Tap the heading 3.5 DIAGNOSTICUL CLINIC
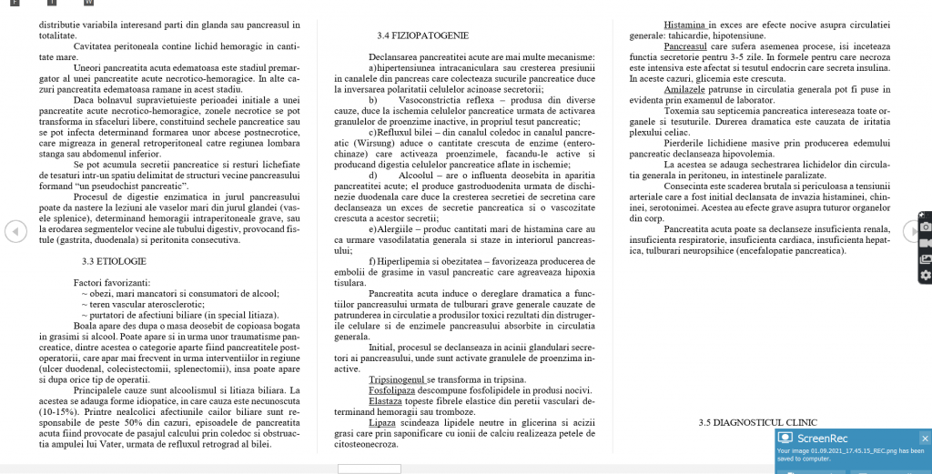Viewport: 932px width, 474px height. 757,422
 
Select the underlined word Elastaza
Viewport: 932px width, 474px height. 386,400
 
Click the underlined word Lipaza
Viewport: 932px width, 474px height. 382,422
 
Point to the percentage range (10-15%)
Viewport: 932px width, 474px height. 59,411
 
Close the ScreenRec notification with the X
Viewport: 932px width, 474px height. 924,438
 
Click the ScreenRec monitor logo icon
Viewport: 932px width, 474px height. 783,438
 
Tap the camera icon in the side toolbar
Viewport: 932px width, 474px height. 926,226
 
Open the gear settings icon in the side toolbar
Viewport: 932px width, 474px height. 926,276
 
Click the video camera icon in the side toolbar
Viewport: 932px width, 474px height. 926,243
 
